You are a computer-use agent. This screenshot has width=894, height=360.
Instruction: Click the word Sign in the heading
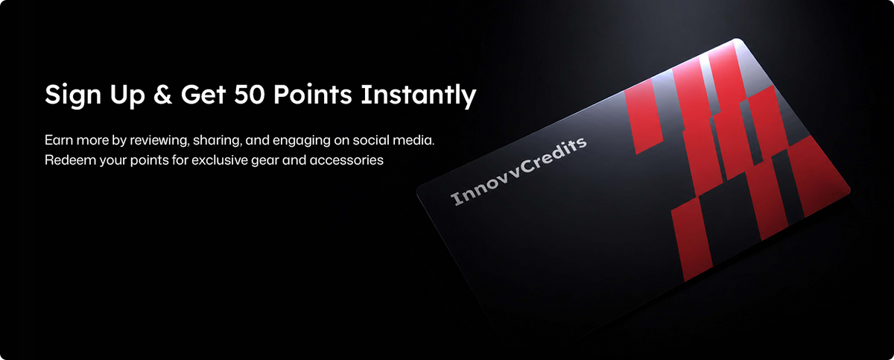tap(73, 95)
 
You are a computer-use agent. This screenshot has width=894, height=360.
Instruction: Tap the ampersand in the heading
tap(162, 95)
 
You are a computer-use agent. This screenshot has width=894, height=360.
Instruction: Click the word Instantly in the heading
tap(418, 95)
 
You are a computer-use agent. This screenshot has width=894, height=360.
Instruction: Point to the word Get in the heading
tap(203, 95)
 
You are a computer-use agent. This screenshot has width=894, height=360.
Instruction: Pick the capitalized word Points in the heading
tap(312, 95)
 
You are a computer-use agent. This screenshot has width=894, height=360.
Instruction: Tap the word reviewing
tap(159, 141)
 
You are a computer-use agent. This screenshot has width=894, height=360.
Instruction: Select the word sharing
tap(218, 141)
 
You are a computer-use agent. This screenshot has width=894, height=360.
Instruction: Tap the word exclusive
tap(220, 160)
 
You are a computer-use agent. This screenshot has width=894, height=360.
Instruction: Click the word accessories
tap(346, 160)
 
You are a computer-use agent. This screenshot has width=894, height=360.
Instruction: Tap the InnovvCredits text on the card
tap(519, 171)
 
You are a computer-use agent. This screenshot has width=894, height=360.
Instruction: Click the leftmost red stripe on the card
tap(644, 116)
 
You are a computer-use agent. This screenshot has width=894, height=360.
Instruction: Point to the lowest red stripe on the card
tap(691, 239)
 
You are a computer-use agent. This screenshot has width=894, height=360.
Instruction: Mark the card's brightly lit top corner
tap(736, 40)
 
